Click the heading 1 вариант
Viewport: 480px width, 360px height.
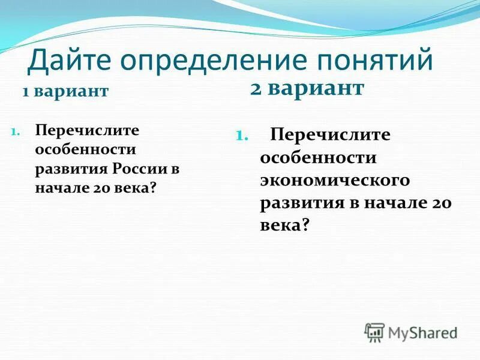(66, 92)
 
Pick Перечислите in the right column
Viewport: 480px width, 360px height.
(331, 135)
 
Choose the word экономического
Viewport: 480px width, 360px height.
(335, 180)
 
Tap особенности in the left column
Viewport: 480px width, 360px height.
(85, 149)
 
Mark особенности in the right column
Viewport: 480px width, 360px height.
(318, 158)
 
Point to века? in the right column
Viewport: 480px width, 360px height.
(285, 225)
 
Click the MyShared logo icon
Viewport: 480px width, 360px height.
(374, 332)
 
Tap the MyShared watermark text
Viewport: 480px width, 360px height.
(422, 332)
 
